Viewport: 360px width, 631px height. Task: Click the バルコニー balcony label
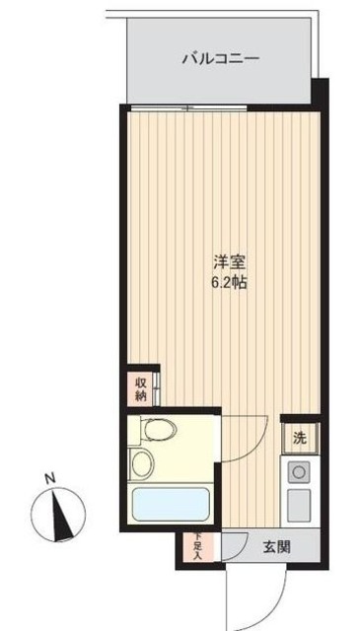point(221,59)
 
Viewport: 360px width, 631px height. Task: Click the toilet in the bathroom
point(157,430)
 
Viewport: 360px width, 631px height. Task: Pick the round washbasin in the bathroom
point(141,462)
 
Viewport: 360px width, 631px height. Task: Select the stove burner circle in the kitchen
point(297,471)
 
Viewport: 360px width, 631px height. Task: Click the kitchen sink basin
point(297,508)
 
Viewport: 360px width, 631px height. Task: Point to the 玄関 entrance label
point(276,548)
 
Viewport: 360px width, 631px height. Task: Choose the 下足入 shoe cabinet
point(195,548)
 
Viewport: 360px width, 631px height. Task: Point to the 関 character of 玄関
point(284,548)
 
